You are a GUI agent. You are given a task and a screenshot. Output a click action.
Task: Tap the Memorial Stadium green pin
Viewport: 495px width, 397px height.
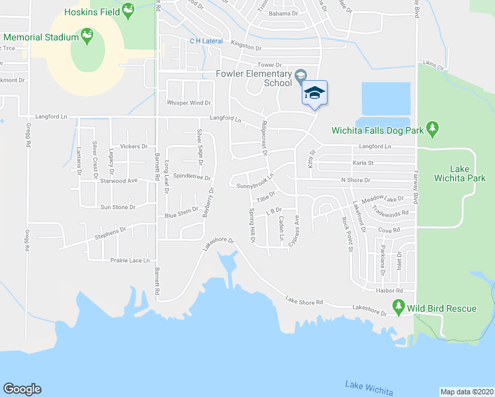click(x=86, y=35)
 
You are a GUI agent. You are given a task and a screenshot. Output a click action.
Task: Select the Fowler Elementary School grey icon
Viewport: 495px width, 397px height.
click(x=300, y=75)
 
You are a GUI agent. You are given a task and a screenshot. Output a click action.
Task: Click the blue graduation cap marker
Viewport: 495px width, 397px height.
click(x=314, y=93)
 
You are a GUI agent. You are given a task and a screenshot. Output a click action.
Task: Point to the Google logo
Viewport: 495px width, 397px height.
click(x=22, y=388)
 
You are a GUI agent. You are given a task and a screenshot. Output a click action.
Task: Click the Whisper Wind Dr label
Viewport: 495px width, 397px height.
click(x=189, y=103)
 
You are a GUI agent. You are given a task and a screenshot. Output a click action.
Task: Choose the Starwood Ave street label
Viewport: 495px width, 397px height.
click(x=118, y=180)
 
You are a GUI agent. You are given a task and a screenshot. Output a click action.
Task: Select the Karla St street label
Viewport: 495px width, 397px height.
click(x=363, y=163)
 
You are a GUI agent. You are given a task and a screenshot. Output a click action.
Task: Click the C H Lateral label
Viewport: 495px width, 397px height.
click(x=206, y=41)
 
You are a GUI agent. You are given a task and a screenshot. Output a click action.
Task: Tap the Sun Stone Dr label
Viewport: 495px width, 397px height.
click(x=118, y=207)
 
